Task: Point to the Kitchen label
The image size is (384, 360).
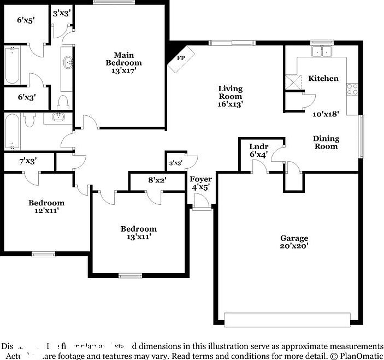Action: click(323, 79)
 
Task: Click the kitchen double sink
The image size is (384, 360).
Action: click(322, 52)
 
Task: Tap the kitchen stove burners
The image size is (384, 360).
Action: click(353, 89)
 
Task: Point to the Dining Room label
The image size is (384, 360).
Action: click(326, 142)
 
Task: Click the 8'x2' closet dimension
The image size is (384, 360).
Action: click(157, 179)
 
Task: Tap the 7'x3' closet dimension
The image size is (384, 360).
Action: click(28, 162)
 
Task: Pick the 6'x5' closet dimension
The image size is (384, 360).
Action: click(26, 20)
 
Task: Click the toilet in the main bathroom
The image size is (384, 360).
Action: click(63, 102)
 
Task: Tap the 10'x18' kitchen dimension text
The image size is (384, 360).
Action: click(326, 115)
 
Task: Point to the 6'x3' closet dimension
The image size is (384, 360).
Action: click(27, 97)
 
